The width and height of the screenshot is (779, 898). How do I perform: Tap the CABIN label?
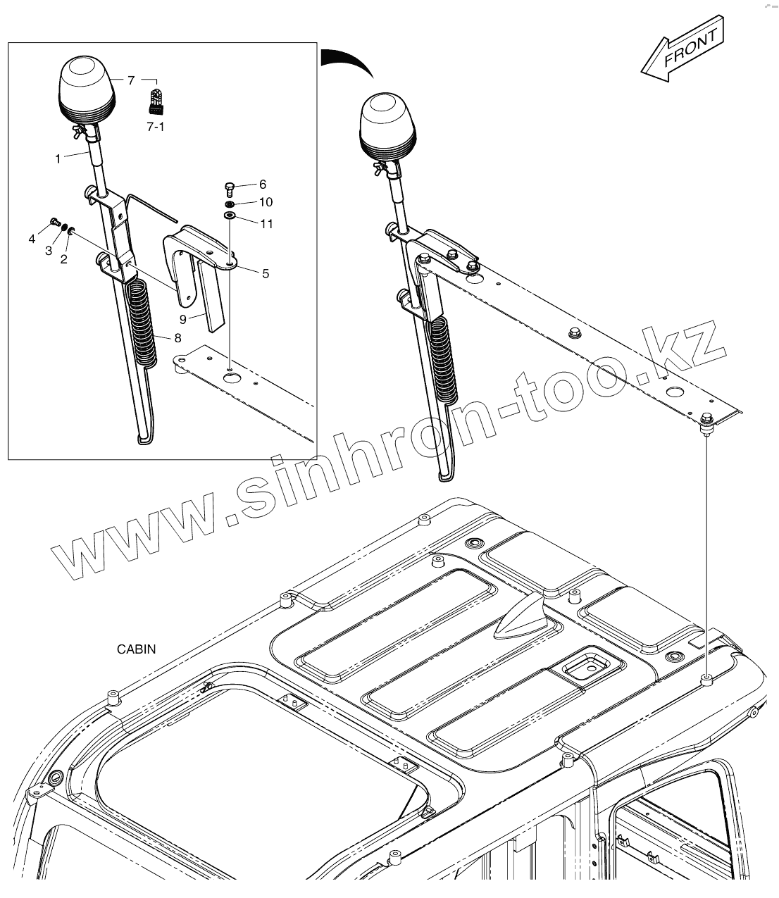click(x=137, y=649)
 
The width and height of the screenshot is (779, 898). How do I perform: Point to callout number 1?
click(x=58, y=159)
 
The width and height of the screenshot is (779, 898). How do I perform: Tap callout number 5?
click(x=266, y=273)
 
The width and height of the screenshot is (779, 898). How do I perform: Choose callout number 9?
click(x=182, y=319)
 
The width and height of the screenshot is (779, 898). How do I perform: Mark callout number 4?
click(x=32, y=239)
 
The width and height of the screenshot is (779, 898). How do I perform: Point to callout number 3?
click(x=49, y=250)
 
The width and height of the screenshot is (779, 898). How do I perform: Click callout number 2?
click(x=63, y=259)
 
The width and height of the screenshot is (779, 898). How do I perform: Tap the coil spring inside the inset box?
click(x=143, y=321)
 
